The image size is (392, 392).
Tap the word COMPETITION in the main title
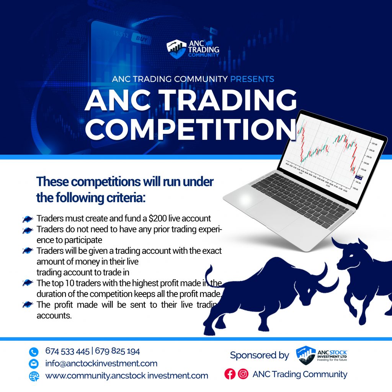click(x=191, y=130)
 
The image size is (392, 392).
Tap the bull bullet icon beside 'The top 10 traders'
click(x=28, y=283)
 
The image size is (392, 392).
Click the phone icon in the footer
click(x=34, y=352)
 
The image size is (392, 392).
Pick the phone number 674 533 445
click(x=67, y=351)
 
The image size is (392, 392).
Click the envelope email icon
click(x=34, y=364)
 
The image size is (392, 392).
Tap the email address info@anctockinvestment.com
click(x=101, y=363)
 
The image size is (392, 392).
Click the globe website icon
click(x=34, y=376)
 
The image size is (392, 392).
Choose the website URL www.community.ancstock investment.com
click(x=126, y=376)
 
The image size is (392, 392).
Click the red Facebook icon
click(x=230, y=374)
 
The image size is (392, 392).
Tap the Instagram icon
click(x=243, y=374)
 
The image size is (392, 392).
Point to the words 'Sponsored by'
click(x=259, y=355)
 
